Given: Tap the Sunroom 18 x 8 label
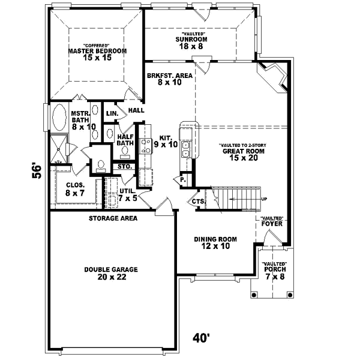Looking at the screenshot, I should click(x=191, y=43).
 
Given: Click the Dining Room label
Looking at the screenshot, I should click(x=215, y=242).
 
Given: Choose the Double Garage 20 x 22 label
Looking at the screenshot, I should click(x=111, y=274).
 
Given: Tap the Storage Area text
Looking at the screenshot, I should click(x=113, y=218).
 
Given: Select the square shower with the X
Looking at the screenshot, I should click(x=59, y=145).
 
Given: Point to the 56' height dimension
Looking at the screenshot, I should click(x=37, y=172).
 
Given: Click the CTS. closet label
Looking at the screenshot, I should click(x=198, y=202).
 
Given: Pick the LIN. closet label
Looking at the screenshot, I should click(x=112, y=113).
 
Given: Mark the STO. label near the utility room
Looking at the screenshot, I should click(x=124, y=166).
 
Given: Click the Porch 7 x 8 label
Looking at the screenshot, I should click(x=273, y=273).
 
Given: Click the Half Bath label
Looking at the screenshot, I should click(x=125, y=139).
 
